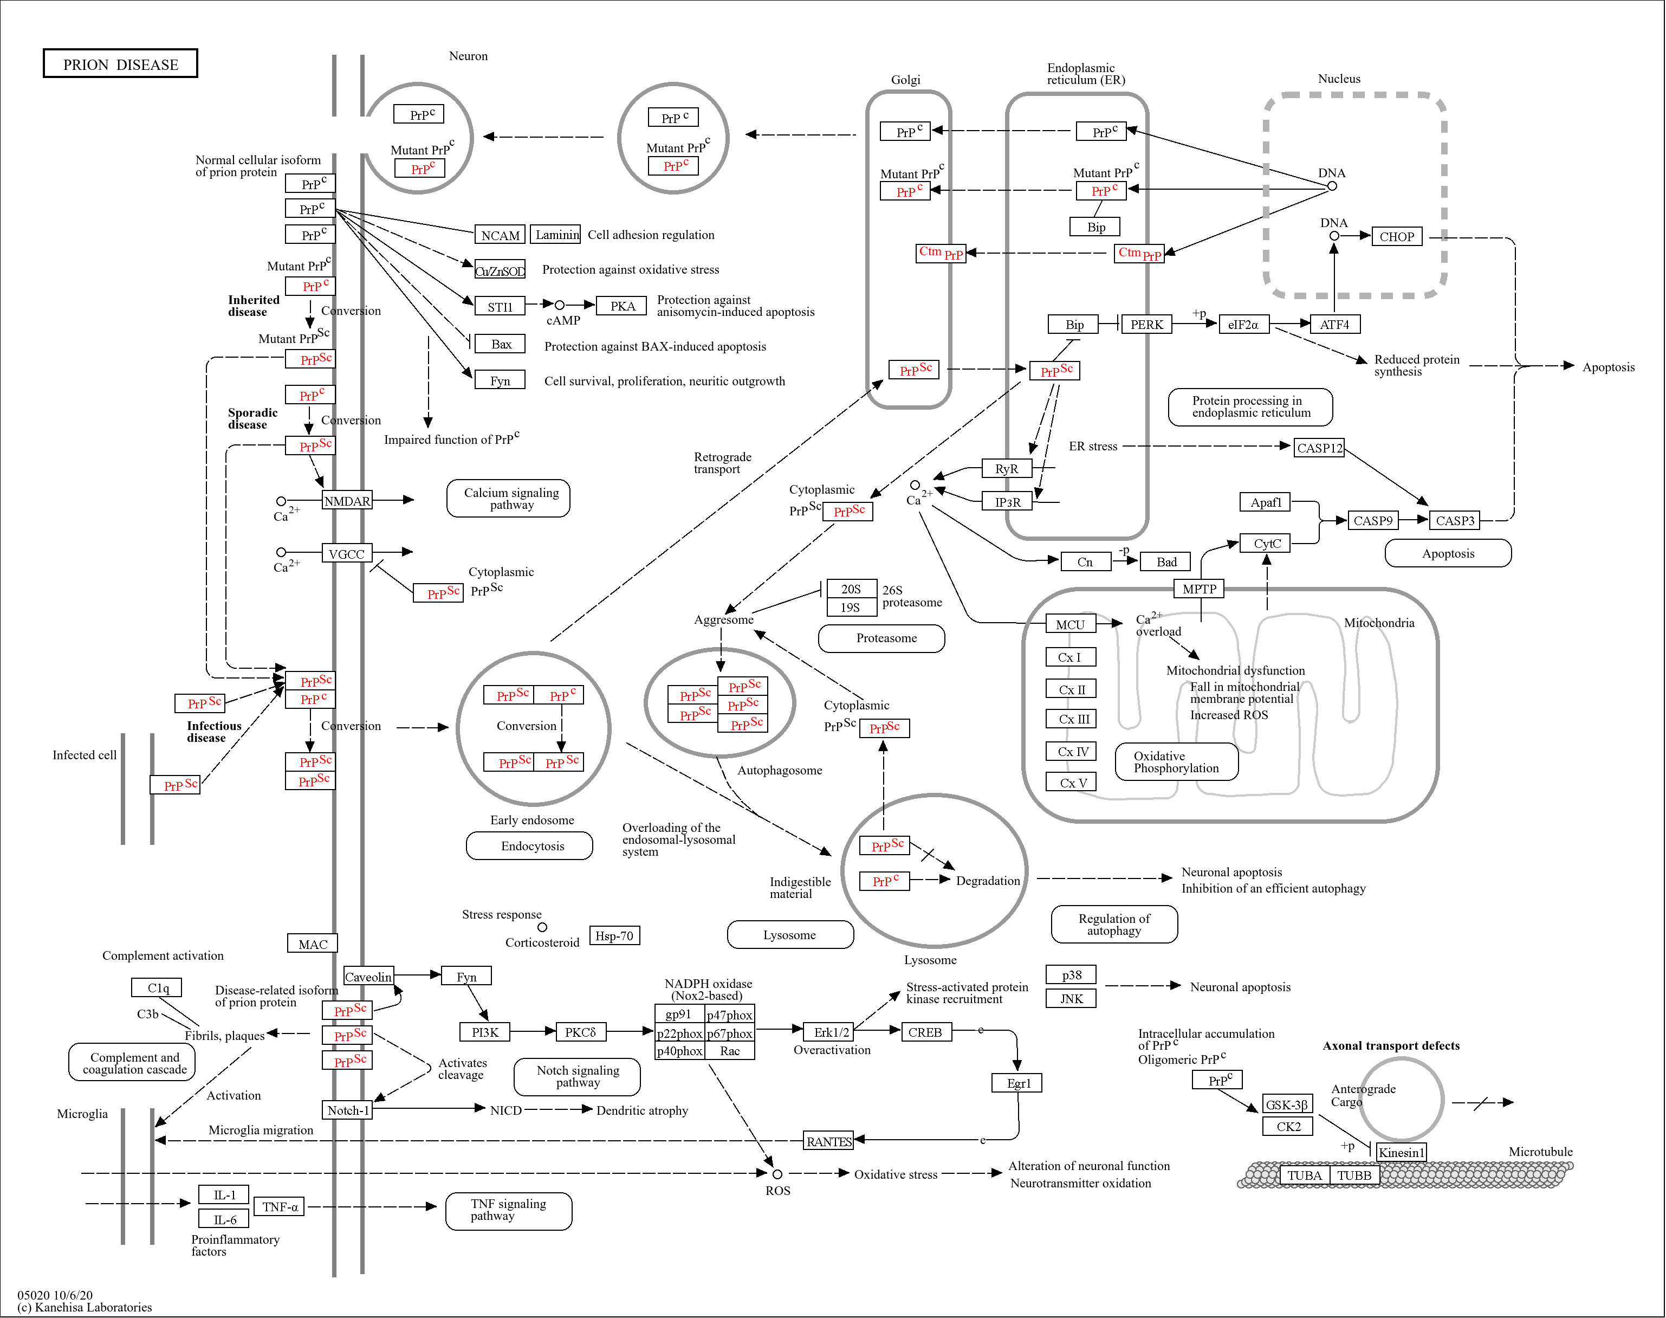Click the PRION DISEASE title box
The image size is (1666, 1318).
(120, 64)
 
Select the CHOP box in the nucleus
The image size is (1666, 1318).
(1396, 237)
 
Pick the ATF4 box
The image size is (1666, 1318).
(1334, 325)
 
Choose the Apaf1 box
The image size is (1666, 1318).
(1265, 502)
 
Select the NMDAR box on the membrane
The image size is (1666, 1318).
(347, 501)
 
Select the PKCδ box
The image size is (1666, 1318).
(580, 1032)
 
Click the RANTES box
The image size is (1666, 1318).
(828, 1141)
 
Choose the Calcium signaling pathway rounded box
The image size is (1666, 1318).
(508, 499)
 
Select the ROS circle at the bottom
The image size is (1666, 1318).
(777, 1174)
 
